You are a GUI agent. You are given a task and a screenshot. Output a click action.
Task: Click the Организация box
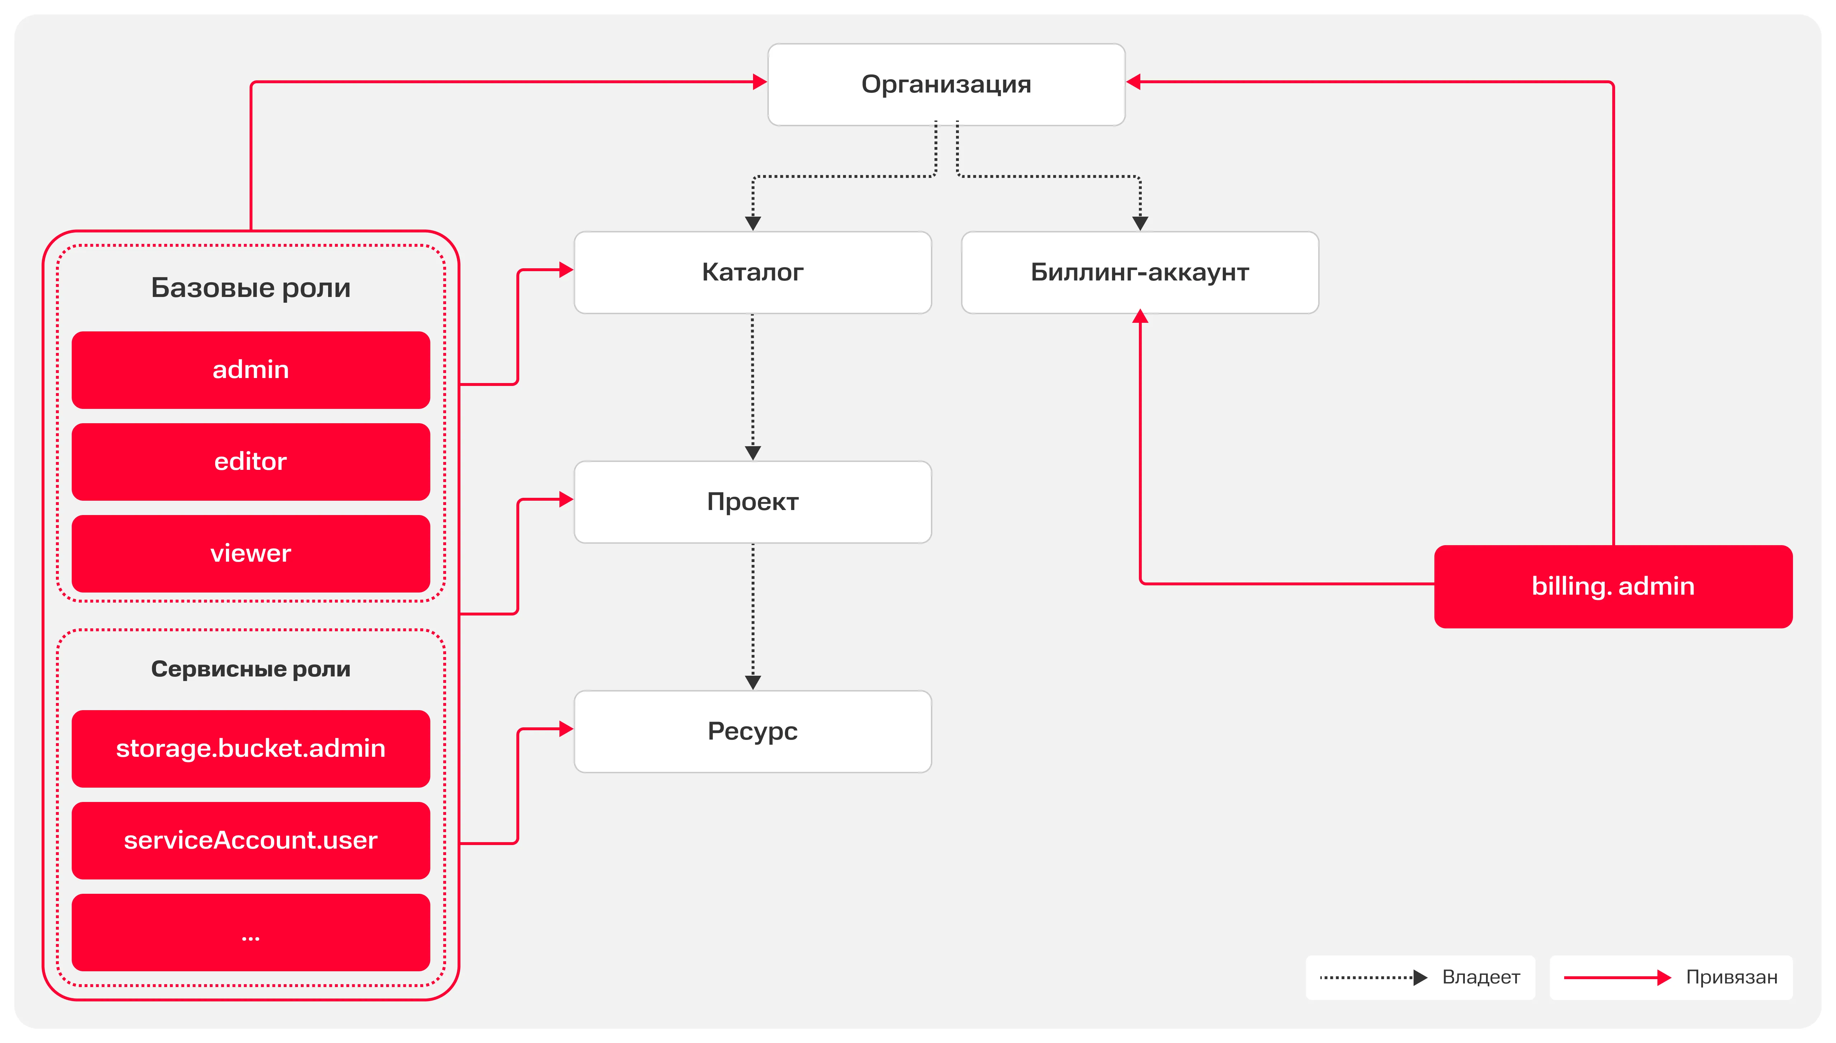pos(946,85)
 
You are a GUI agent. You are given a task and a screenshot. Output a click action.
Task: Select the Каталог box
pos(753,272)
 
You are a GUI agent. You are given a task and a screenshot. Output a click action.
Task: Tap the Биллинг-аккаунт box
pos(1140,272)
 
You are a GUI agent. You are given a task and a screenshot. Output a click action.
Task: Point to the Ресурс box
pos(753,731)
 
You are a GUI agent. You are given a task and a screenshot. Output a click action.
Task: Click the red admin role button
pos(251,370)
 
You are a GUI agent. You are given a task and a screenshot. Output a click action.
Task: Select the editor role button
pos(251,461)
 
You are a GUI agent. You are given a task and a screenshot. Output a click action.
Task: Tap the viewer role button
pos(251,553)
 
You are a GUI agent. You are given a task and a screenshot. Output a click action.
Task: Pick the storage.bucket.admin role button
pos(251,749)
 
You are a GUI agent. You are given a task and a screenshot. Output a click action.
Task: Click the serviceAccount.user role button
pos(251,840)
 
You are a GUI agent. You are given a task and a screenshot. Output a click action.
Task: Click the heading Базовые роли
pos(251,288)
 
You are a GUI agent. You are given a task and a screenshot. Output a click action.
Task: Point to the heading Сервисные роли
pos(251,669)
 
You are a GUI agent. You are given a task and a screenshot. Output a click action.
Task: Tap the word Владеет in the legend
pos(1481,977)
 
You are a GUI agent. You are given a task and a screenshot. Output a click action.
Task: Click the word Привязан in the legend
pos(1731,977)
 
